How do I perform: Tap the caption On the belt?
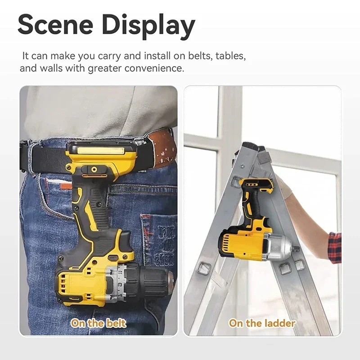click(98, 323)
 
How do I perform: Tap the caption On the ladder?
click(262, 323)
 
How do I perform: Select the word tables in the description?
click(229, 56)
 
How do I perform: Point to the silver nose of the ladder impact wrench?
click(279, 246)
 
